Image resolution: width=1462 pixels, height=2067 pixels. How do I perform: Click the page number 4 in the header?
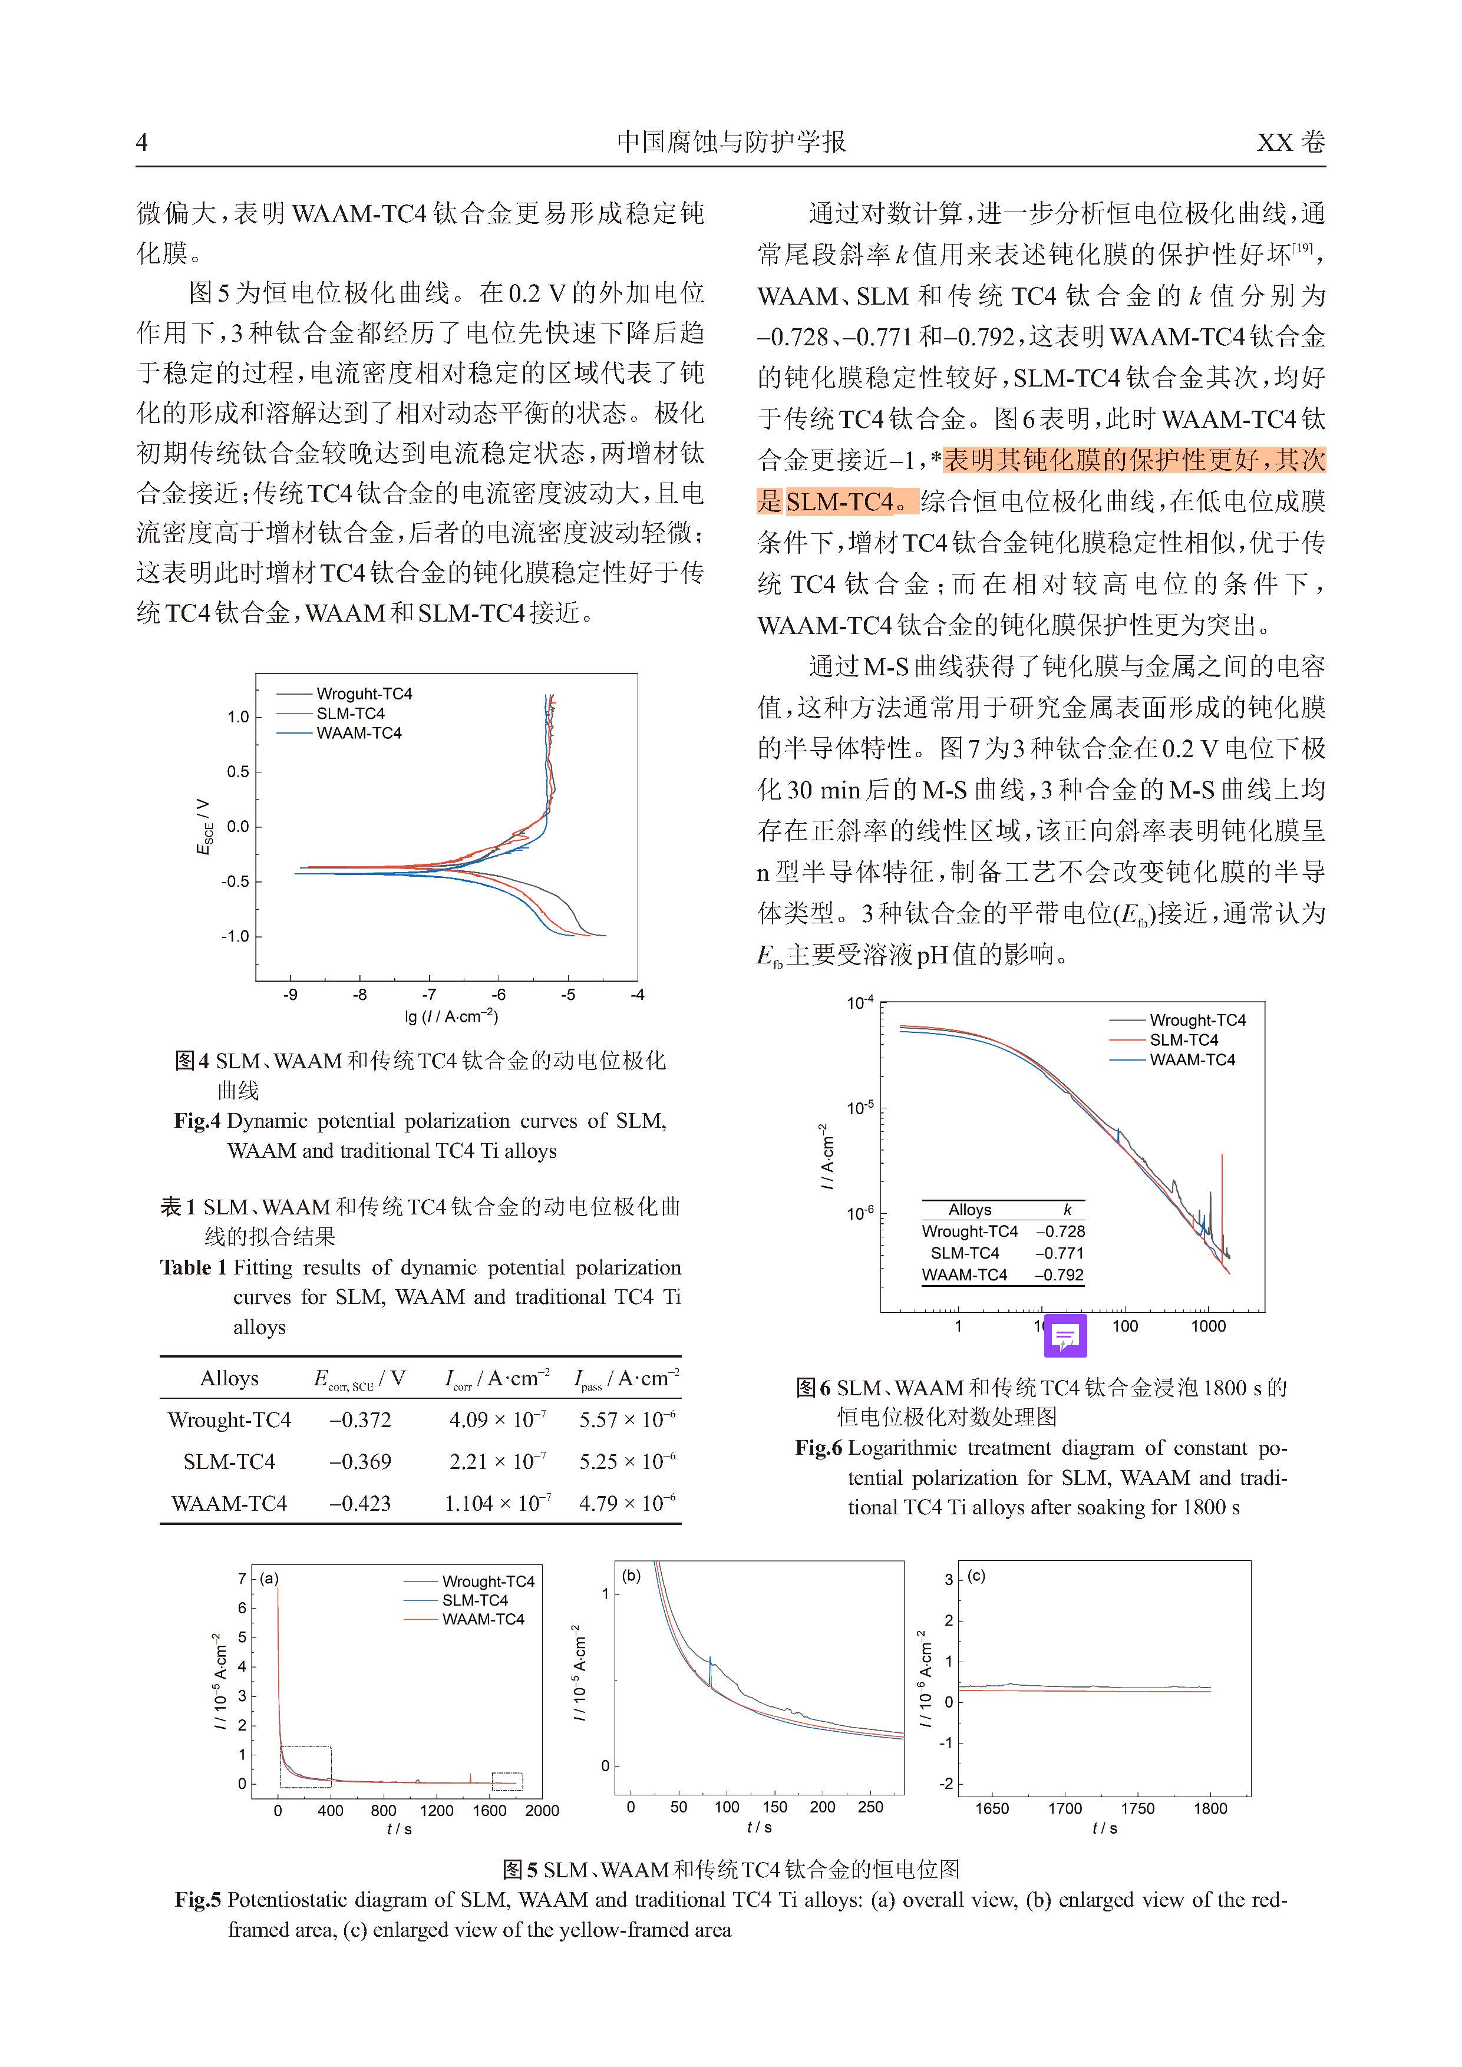tap(141, 142)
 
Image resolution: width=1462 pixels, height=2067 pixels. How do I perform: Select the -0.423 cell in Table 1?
tap(360, 1504)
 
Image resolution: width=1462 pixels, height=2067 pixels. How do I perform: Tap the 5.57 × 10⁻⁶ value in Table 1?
tap(626, 1421)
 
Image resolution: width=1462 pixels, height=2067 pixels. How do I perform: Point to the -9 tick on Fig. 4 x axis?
tap(291, 995)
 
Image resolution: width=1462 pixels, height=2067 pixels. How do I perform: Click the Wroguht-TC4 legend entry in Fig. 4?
tap(364, 693)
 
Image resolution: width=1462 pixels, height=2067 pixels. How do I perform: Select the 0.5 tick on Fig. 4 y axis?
tap(237, 771)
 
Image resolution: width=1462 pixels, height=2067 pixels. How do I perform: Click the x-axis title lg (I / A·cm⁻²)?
tap(451, 1016)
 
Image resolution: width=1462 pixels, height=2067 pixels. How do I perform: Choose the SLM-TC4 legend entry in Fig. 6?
tap(1184, 1040)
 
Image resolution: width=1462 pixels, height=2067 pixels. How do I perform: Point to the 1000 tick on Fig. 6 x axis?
tap(1208, 1326)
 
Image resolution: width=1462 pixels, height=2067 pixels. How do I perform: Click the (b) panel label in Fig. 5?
tap(631, 1576)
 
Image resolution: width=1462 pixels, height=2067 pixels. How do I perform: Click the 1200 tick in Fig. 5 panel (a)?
tap(437, 1811)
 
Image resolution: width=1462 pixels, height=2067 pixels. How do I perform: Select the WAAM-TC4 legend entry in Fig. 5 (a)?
tap(483, 1619)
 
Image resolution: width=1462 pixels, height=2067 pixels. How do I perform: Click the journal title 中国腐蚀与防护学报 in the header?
tap(731, 142)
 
